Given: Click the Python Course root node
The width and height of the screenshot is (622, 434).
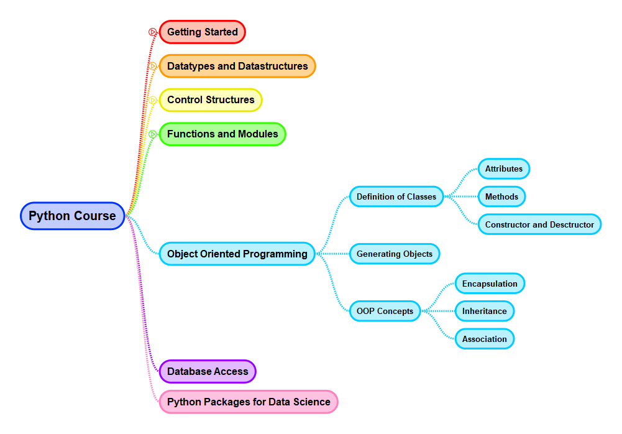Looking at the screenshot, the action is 73,216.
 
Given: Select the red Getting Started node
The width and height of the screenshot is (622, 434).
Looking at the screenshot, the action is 203,32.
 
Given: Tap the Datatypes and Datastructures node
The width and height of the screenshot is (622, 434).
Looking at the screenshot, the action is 237,66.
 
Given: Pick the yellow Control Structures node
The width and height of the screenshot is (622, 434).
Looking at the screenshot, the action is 211,99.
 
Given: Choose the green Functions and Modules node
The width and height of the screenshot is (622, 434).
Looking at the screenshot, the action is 222,134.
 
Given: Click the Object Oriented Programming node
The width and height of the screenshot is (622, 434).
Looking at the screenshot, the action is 237,254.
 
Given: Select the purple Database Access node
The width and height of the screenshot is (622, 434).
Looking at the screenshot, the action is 208,371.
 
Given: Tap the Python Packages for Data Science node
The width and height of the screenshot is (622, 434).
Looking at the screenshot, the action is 249,402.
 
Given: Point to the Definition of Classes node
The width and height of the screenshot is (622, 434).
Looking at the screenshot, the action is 396,196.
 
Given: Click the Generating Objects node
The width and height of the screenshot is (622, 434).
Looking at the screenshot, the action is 395,254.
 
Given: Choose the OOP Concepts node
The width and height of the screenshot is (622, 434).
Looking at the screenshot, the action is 385,311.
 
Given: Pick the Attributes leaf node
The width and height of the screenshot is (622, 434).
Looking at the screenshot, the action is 504,169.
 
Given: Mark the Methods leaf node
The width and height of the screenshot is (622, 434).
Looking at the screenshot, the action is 501,196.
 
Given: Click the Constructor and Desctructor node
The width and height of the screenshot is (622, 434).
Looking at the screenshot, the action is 539,224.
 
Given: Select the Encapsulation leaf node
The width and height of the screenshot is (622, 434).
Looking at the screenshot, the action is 490,284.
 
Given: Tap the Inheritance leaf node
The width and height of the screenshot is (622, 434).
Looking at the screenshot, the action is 484,311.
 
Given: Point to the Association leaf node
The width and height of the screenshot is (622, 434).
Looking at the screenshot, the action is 484,339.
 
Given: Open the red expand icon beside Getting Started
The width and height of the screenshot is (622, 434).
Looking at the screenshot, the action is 152,32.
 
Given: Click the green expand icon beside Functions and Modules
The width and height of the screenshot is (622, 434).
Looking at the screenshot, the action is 152,134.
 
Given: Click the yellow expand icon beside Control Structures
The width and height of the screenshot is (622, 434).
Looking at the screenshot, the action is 152,100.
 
